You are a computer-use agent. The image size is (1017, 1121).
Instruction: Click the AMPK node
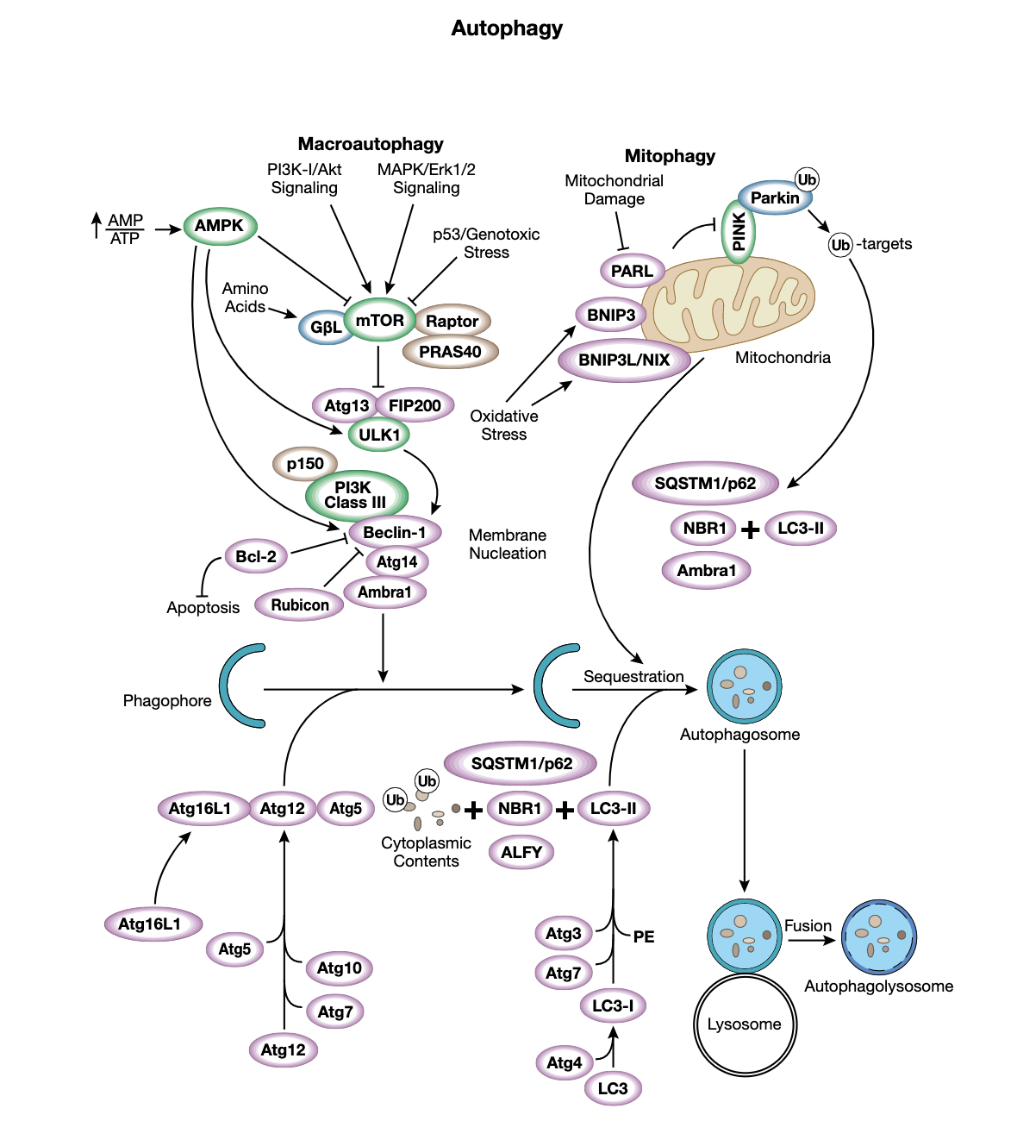[220, 226]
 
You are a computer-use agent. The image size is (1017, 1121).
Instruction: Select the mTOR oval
[379, 321]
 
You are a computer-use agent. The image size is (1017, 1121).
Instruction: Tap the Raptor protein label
[452, 322]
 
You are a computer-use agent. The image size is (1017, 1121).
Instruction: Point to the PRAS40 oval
[450, 352]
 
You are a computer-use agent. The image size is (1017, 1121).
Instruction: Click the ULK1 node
[379, 435]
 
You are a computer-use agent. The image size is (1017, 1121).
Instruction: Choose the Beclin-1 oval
[394, 533]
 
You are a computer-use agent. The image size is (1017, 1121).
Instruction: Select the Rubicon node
[299, 605]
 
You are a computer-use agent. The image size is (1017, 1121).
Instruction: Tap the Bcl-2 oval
[256, 557]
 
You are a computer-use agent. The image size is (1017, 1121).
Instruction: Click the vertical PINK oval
[739, 231]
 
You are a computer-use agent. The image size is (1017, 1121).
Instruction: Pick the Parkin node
[775, 198]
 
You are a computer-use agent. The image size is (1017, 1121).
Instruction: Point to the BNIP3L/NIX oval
[624, 360]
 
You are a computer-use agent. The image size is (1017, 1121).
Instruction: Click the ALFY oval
[521, 852]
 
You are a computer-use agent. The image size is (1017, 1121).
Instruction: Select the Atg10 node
[339, 968]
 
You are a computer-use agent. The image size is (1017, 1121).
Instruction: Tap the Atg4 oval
[565, 1063]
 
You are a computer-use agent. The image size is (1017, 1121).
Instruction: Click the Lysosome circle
[745, 1024]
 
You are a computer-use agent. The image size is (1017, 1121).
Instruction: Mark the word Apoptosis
[203, 608]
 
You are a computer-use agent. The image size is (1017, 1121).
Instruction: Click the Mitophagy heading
[670, 156]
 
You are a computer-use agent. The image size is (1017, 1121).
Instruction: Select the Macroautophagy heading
[371, 144]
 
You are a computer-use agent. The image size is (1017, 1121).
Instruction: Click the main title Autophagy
[507, 28]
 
